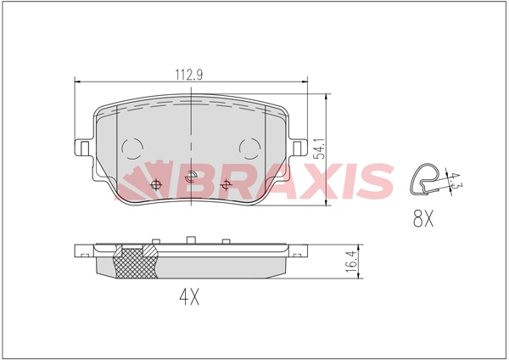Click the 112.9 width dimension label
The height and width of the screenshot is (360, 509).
188,73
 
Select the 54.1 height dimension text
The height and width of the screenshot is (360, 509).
319,149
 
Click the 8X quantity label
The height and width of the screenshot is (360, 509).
422,220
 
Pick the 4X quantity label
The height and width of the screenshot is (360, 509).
188,297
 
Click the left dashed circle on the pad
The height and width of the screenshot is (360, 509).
133,149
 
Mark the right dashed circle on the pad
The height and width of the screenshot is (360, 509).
250,149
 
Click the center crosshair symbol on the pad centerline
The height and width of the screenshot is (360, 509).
192,177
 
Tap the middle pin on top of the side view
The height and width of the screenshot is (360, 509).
193,239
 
